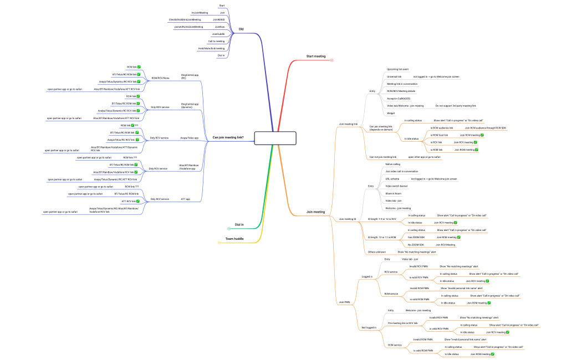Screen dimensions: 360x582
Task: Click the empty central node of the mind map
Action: (x=275, y=137)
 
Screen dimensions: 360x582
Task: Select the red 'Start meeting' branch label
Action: (x=316, y=56)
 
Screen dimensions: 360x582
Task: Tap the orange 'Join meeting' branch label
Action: (x=315, y=212)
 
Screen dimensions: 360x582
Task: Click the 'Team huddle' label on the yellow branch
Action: (x=235, y=239)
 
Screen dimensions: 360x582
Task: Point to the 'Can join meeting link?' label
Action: (x=228, y=137)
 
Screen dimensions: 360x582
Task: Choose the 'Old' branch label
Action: (x=241, y=29)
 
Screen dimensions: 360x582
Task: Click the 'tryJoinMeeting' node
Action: (x=200, y=12)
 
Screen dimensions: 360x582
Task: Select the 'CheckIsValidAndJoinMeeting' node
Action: (x=185, y=19)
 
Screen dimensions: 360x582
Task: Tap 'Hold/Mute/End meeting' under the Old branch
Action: (x=211, y=48)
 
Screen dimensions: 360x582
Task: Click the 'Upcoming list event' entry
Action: (x=397, y=69)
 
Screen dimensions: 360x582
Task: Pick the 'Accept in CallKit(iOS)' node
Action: (x=399, y=98)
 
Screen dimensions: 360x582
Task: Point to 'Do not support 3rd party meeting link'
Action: (x=456, y=105)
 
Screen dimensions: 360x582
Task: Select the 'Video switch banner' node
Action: (x=397, y=186)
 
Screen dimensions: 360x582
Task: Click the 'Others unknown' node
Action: (x=377, y=251)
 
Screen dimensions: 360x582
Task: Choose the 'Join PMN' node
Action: (x=344, y=302)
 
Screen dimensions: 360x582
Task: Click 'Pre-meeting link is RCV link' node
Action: (x=402, y=322)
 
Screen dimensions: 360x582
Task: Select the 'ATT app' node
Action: (x=185, y=198)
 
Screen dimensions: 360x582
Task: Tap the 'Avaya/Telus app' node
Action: (x=189, y=137)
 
